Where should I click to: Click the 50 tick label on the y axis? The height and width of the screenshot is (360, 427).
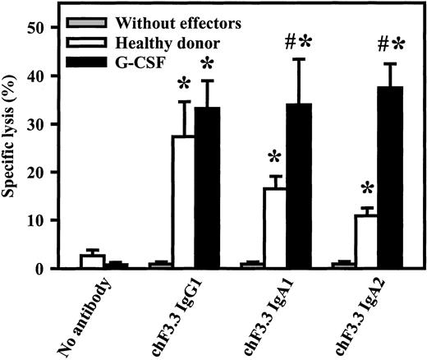[37, 28]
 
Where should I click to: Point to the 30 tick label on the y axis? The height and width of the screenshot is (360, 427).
[37, 124]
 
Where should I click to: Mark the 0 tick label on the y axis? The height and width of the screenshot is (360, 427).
[42, 270]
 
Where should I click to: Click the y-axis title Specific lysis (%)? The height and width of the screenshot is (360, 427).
[11, 148]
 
